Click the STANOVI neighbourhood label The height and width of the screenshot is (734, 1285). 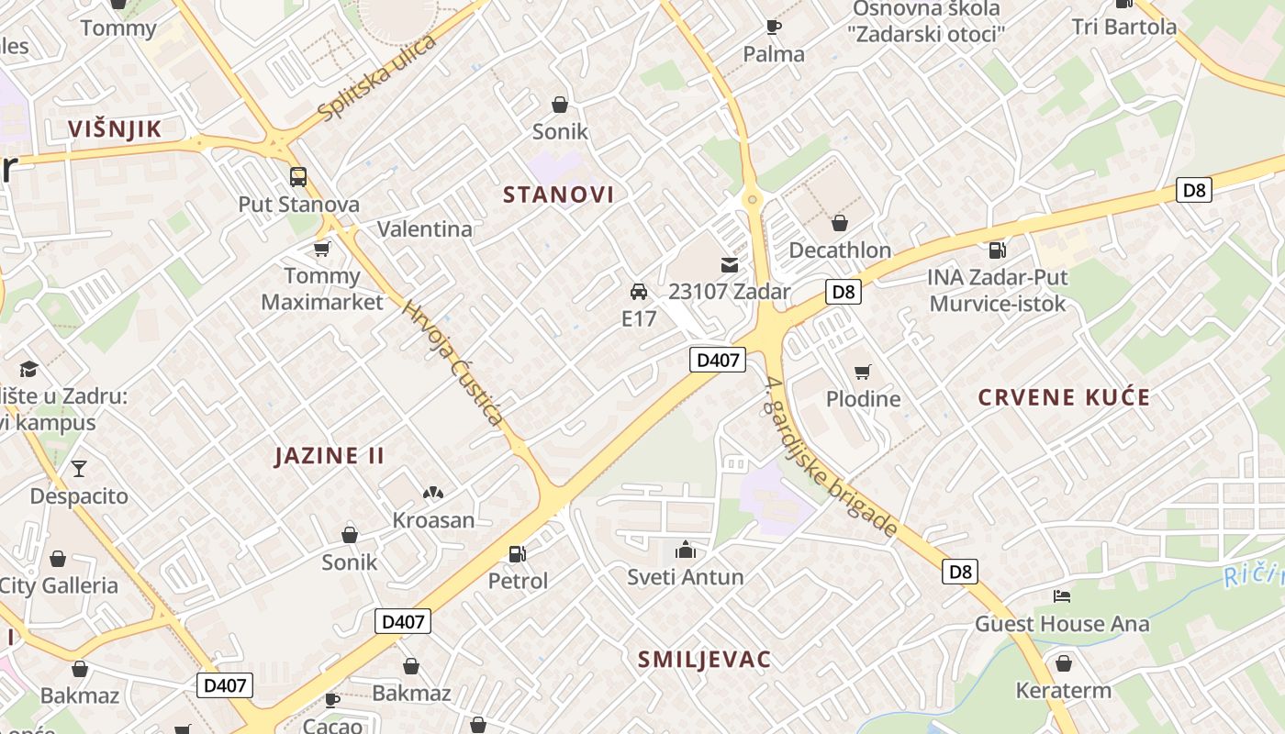click(x=558, y=195)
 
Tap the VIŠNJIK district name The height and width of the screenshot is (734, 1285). click(x=115, y=129)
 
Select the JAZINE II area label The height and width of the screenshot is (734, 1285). click(x=330, y=456)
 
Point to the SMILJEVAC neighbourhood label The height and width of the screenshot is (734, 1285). click(x=704, y=660)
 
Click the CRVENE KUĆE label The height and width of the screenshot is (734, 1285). click(x=1064, y=397)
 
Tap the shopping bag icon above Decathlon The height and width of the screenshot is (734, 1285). click(x=839, y=223)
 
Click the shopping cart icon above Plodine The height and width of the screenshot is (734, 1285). click(x=862, y=372)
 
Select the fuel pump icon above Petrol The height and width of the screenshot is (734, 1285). click(x=518, y=553)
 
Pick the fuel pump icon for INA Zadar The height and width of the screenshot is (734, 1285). click(x=997, y=250)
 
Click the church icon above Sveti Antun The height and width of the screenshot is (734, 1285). click(x=685, y=550)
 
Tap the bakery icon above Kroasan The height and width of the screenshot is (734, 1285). click(x=433, y=493)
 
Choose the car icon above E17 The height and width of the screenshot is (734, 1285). click(x=639, y=292)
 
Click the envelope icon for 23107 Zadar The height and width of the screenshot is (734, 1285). click(x=730, y=265)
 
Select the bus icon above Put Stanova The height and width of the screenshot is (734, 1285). click(x=298, y=176)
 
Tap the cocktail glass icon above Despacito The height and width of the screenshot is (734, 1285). click(x=79, y=469)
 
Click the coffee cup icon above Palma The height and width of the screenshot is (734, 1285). click(x=774, y=27)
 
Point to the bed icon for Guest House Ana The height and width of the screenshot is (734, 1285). click(x=1062, y=596)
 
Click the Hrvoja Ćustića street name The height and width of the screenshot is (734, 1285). click(x=453, y=364)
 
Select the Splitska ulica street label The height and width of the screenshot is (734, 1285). click(x=376, y=79)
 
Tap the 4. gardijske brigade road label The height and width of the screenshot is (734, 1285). click(x=830, y=456)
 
